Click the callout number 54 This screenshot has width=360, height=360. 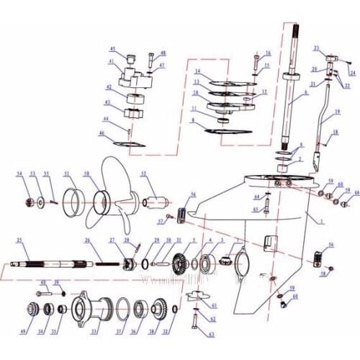point(19,174)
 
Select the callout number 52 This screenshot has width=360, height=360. point(143,174)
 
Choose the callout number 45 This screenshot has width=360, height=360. point(112,48)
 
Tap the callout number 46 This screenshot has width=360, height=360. point(102,132)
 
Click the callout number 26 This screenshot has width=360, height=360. point(87,240)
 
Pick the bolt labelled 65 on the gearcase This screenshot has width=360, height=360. point(266,210)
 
